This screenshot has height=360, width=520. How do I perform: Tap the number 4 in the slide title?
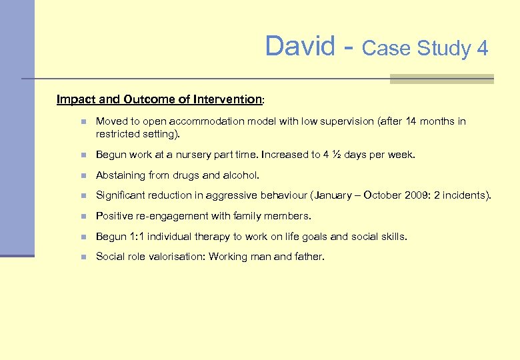click(482, 49)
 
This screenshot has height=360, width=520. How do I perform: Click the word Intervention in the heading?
click(227, 99)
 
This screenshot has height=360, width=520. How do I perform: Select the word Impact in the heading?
click(76, 99)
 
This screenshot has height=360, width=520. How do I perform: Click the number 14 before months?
click(411, 121)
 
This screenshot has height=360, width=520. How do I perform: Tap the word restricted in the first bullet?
click(117, 133)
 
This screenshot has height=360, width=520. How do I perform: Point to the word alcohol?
click(240, 175)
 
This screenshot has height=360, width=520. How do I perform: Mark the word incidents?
click(467, 195)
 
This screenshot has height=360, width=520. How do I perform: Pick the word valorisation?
click(174, 257)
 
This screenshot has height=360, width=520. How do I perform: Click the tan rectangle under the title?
click(441, 79)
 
